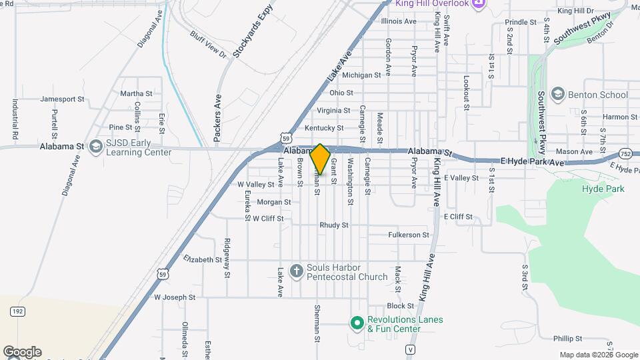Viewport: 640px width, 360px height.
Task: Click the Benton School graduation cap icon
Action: click(558, 95)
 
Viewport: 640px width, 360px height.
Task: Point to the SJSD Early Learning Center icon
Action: click(95, 147)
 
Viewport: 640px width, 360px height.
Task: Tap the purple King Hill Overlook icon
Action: click(478, 3)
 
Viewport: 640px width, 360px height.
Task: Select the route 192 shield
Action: click(17, 311)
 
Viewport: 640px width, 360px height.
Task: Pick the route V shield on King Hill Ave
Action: click(410, 349)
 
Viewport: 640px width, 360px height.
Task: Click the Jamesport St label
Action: click(62, 99)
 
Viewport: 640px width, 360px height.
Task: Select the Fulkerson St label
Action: click(408, 235)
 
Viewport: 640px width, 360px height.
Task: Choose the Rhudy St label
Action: click(334, 225)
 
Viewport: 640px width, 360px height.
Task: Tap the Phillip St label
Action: click(568, 339)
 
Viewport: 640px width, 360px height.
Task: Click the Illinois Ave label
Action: click(398, 21)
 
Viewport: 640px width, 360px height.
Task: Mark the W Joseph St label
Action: click(175, 297)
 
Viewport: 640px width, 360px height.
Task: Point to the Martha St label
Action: click(136, 94)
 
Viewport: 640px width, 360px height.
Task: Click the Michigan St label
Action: click(361, 75)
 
